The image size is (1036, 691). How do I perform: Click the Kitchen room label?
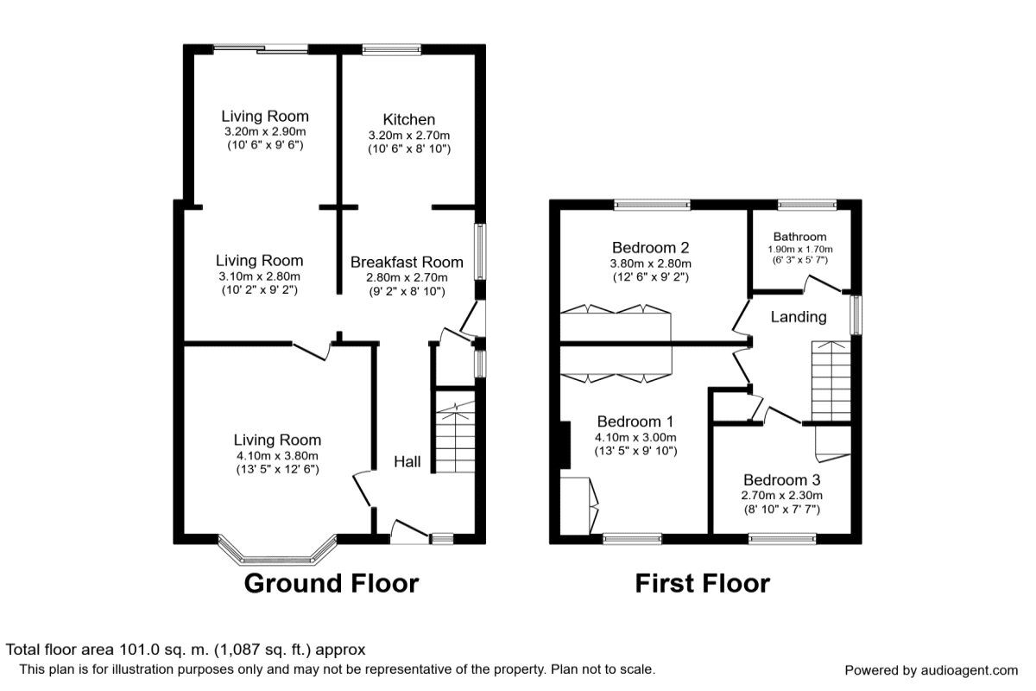coord(409,119)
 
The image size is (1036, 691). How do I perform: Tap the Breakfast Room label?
coord(407,262)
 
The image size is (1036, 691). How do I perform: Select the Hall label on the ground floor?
coord(407,461)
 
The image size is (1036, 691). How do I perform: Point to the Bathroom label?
coord(799,237)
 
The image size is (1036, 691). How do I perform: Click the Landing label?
coord(799,317)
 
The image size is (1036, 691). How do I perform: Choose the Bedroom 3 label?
coord(781,479)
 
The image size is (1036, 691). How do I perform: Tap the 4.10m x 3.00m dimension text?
coord(635,437)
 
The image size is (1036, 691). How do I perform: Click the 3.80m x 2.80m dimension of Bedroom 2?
coord(650,263)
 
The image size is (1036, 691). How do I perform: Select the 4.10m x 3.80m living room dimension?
coord(277,455)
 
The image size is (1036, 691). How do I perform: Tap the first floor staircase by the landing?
coord(831,381)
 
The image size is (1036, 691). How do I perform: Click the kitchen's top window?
coord(391,49)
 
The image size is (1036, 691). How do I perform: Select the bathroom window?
coord(807,205)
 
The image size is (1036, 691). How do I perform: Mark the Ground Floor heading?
coord(332,583)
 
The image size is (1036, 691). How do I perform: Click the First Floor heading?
coord(703,583)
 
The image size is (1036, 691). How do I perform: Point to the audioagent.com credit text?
coord(931,670)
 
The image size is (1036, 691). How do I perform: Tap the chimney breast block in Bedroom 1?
coord(565,445)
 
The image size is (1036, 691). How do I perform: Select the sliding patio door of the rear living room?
coord(261,48)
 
